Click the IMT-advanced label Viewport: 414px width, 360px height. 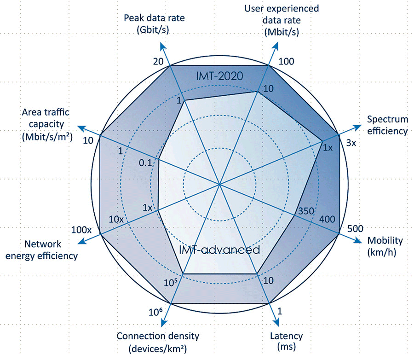point(219,250)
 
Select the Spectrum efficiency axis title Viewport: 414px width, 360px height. point(387,125)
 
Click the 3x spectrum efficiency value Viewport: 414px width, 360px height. point(351,143)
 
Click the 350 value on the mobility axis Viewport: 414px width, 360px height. point(306,211)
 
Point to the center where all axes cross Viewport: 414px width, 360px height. point(220,184)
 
